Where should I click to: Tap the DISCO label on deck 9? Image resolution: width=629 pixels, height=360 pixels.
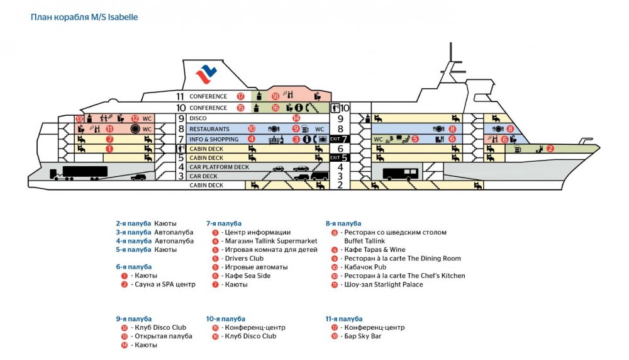[x=198, y=118]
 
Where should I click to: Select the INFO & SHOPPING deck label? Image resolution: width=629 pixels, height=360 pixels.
[x=214, y=139]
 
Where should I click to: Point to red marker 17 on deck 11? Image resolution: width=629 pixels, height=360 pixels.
[x=240, y=97]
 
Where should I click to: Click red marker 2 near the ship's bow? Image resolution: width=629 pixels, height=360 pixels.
[x=550, y=149]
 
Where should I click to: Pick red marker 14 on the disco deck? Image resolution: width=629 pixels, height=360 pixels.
[x=296, y=118]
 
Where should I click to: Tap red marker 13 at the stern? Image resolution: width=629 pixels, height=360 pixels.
[x=79, y=119]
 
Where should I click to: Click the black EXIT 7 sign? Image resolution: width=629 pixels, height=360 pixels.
[x=339, y=138]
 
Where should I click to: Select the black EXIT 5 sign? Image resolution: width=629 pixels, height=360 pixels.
[x=339, y=157]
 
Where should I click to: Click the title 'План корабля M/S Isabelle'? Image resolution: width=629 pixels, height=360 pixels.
[x=84, y=18]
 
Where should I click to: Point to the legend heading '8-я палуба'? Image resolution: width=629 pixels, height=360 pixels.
[x=343, y=223]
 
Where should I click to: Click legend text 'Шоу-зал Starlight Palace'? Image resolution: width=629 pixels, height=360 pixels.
[x=381, y=284]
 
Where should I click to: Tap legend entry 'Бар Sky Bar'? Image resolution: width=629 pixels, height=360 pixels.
[x=362, y=336]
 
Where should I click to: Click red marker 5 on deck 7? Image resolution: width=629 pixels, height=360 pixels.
[x=415, y=139]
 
